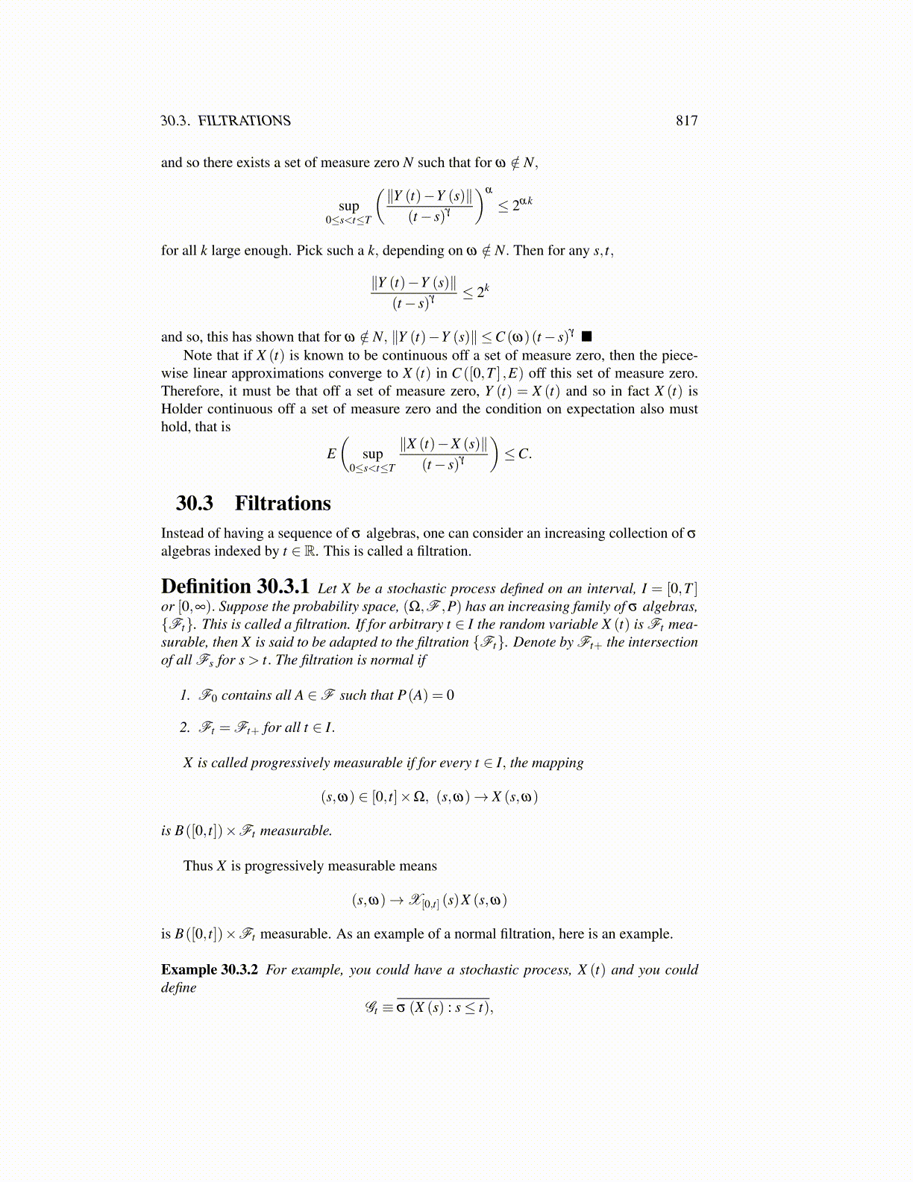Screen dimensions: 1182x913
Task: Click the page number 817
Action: [x=686, y=121]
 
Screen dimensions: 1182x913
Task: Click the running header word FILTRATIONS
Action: [x=245, y=121]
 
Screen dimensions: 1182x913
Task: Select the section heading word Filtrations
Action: [x=283, y=504]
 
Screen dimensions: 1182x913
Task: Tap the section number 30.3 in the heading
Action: [x=195, y=504]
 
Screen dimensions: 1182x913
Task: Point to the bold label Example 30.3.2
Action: [x=210, y=969]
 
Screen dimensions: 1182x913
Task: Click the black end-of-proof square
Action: [x=586, y=337]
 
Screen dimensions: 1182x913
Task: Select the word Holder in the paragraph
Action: [x=181, y=409]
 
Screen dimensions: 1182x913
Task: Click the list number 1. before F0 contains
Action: [x=185, y=695]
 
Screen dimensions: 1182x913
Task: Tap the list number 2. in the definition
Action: [x=185, y=728]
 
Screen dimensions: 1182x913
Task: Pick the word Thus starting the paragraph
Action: [x=198, y=866]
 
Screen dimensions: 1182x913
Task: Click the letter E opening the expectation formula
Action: [x=331, y=454]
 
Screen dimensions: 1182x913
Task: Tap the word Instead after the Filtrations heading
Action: [x=183, y=534]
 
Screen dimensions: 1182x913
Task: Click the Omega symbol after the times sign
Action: [x=418, y=797]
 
